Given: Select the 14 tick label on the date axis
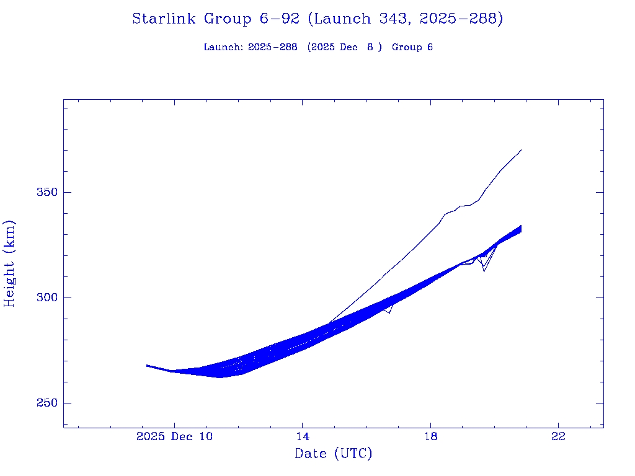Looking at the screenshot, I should pos(302,436).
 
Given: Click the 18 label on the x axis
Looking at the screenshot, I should pos(430,436).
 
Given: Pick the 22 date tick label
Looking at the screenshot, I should pos(559,436).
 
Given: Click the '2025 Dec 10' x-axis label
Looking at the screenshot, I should pos(174,436).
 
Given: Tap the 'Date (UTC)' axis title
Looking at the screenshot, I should pos(334,454).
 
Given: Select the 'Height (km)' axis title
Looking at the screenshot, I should pos(9,263).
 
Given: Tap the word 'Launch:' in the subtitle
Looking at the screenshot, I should pos(223,47).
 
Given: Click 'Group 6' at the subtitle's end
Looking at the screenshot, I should pos(412,47).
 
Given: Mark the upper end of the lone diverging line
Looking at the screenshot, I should pos(521,149).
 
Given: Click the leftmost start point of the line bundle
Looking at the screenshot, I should pos(147,366).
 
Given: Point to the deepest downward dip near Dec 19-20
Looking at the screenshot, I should pos(484,271).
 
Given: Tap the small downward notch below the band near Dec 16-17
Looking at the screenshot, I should pos(389,313).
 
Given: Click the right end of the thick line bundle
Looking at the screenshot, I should pos(521,229).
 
